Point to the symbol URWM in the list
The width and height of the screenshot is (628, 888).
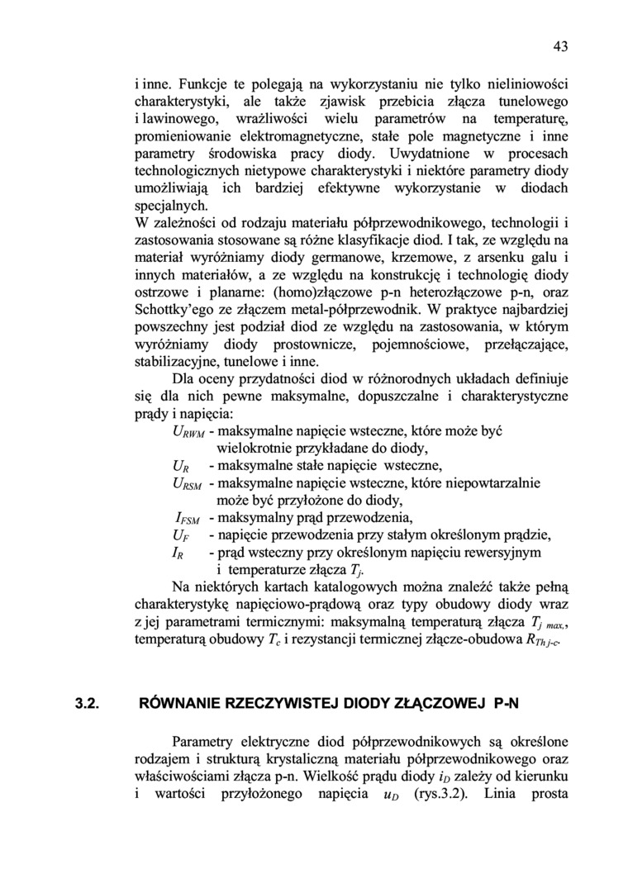pyautogui.click(x=188, y=433)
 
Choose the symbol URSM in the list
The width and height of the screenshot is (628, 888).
pyautogui.click(x=188, y=484)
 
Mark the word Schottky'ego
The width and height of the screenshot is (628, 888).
pyautogui.click(x=176, y=311)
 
